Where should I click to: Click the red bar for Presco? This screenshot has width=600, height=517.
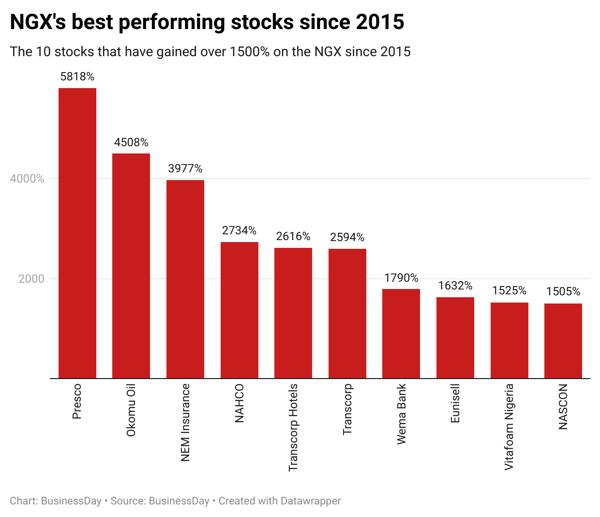click(77, 233)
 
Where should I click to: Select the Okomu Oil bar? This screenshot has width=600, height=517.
click(131, 266)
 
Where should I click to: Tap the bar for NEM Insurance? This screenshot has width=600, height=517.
click(185, 279)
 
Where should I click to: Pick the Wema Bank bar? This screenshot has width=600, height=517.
click(401, 334)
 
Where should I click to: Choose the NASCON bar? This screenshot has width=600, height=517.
click(563, 341)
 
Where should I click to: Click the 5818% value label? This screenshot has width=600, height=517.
click(77, 76)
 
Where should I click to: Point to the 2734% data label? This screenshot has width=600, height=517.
click(239, 230)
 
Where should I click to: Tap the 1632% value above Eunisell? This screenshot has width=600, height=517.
click(455, 286)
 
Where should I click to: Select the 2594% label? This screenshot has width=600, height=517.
click(347, 237)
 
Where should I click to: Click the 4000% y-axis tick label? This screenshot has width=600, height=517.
click(27, 179)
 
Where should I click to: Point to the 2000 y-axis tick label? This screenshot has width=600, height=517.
click(31, 279)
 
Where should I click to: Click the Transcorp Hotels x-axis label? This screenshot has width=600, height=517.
click(293, 427)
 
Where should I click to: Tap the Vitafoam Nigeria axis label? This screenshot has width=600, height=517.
click(509, 427)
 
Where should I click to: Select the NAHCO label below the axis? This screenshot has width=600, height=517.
click(239, 403)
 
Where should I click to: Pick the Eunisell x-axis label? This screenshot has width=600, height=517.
click(455, 403)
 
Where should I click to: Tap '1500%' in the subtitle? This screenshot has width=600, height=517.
click(249, 52)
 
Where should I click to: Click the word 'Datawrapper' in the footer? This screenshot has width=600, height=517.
click(311, 501)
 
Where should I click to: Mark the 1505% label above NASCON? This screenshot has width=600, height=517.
click(563, 291)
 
